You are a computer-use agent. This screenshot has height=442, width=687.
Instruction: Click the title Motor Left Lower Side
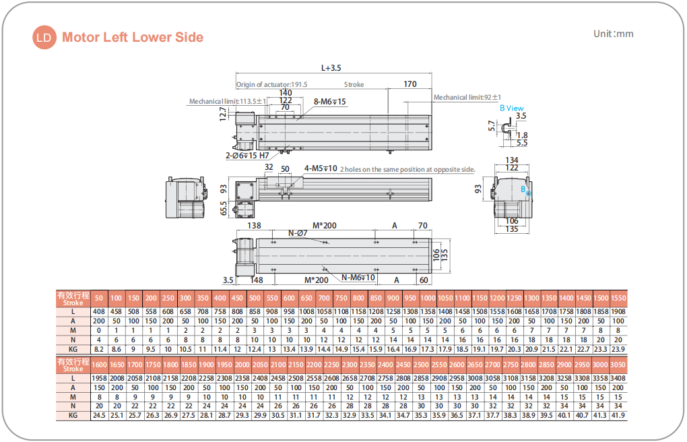coord(132,38)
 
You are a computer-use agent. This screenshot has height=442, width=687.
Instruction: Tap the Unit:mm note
coord(613,34)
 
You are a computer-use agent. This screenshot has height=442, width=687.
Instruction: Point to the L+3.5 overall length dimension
coord(331,68)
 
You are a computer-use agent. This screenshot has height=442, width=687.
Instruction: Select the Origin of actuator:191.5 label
coord(271,85)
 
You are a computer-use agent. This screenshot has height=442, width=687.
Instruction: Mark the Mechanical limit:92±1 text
coord(467,98)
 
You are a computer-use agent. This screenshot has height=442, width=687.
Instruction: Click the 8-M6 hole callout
coord(330,102)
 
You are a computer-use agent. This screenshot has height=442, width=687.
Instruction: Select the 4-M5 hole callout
coord(321,168)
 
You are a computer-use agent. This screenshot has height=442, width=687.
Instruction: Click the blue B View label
coord(511,108)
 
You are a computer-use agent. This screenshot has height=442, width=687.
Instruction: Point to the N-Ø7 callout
coord(298,233)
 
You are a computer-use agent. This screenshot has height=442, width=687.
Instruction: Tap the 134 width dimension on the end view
coord(511,160)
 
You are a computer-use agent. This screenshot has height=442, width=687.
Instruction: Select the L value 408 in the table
coord(99,312)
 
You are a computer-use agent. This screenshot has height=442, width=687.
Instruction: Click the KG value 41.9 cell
coord(618,415)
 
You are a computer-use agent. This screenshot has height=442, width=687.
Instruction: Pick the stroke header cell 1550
coord(618,298)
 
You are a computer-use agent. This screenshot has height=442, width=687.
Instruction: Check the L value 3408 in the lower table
coord(618,379)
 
